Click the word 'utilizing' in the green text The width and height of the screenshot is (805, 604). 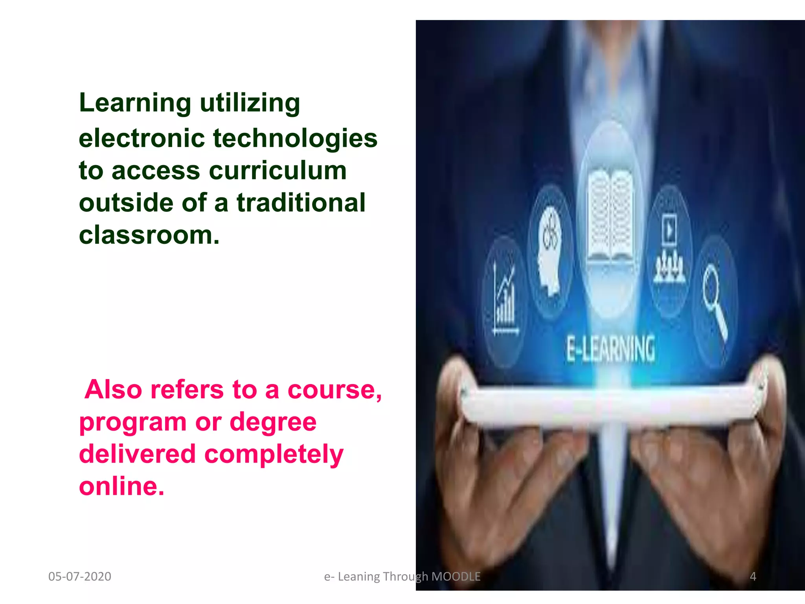[250, 103]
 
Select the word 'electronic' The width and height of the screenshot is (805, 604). [142, 138]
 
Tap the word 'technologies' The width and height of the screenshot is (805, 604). [295, 138]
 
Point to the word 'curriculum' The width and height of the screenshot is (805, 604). [278, 171]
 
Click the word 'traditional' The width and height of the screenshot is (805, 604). [301, 203]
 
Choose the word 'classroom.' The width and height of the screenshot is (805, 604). [149, 235]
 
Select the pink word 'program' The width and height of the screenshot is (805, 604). [133, 422]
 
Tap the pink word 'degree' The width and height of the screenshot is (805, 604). [273, 422]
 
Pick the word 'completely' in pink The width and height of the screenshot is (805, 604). [274, 454]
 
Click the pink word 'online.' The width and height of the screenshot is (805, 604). [121, 486]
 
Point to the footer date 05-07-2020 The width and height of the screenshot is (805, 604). [80, 576]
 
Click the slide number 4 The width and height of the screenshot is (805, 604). [753, 576]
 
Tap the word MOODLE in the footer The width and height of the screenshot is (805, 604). [456, 576]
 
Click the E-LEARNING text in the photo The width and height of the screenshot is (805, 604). [610, 349]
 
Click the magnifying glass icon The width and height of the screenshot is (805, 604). [715, 299]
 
